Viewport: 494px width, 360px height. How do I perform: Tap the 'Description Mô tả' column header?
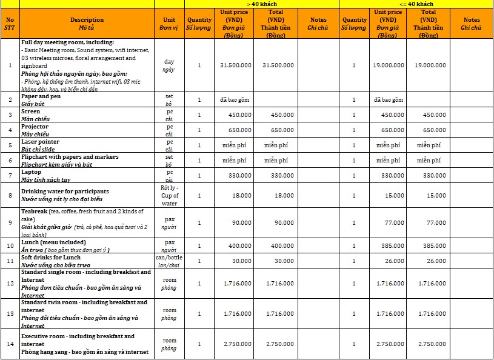87,24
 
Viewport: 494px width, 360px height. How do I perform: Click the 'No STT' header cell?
10,24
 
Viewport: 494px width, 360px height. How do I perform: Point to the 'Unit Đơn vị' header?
169,24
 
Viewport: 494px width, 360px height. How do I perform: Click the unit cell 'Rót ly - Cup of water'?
169,195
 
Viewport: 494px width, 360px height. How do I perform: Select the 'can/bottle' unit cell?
169,261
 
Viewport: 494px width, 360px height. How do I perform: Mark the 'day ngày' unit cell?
169,65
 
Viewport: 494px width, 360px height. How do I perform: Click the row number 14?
10,344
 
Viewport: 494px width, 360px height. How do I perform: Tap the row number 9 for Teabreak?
10,222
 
